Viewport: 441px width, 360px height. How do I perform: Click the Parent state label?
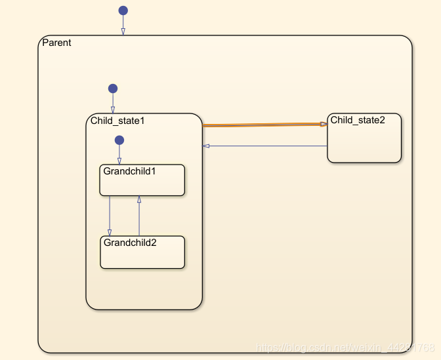pos(56,43)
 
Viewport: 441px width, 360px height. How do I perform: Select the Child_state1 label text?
pos(117,121)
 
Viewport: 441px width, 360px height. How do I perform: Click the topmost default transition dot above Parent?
pos(123,10)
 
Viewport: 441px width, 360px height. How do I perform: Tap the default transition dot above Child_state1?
pos(113,89)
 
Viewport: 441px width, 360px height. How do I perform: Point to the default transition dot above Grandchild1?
pos(119,140)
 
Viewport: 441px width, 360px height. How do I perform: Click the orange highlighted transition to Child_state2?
pos(262,125)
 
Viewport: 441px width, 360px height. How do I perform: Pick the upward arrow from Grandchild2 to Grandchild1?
pos(139,216)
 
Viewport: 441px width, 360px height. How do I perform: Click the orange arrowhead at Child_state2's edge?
pos(324,124)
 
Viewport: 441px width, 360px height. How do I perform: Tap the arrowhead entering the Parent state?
pos(123,31)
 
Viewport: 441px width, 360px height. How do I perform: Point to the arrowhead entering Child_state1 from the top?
pos(113,110)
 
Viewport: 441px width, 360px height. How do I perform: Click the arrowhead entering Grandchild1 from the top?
pos(119,161)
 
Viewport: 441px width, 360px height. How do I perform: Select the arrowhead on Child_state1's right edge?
pos(206,146)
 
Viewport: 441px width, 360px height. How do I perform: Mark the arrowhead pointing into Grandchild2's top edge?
pos(110,232)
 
